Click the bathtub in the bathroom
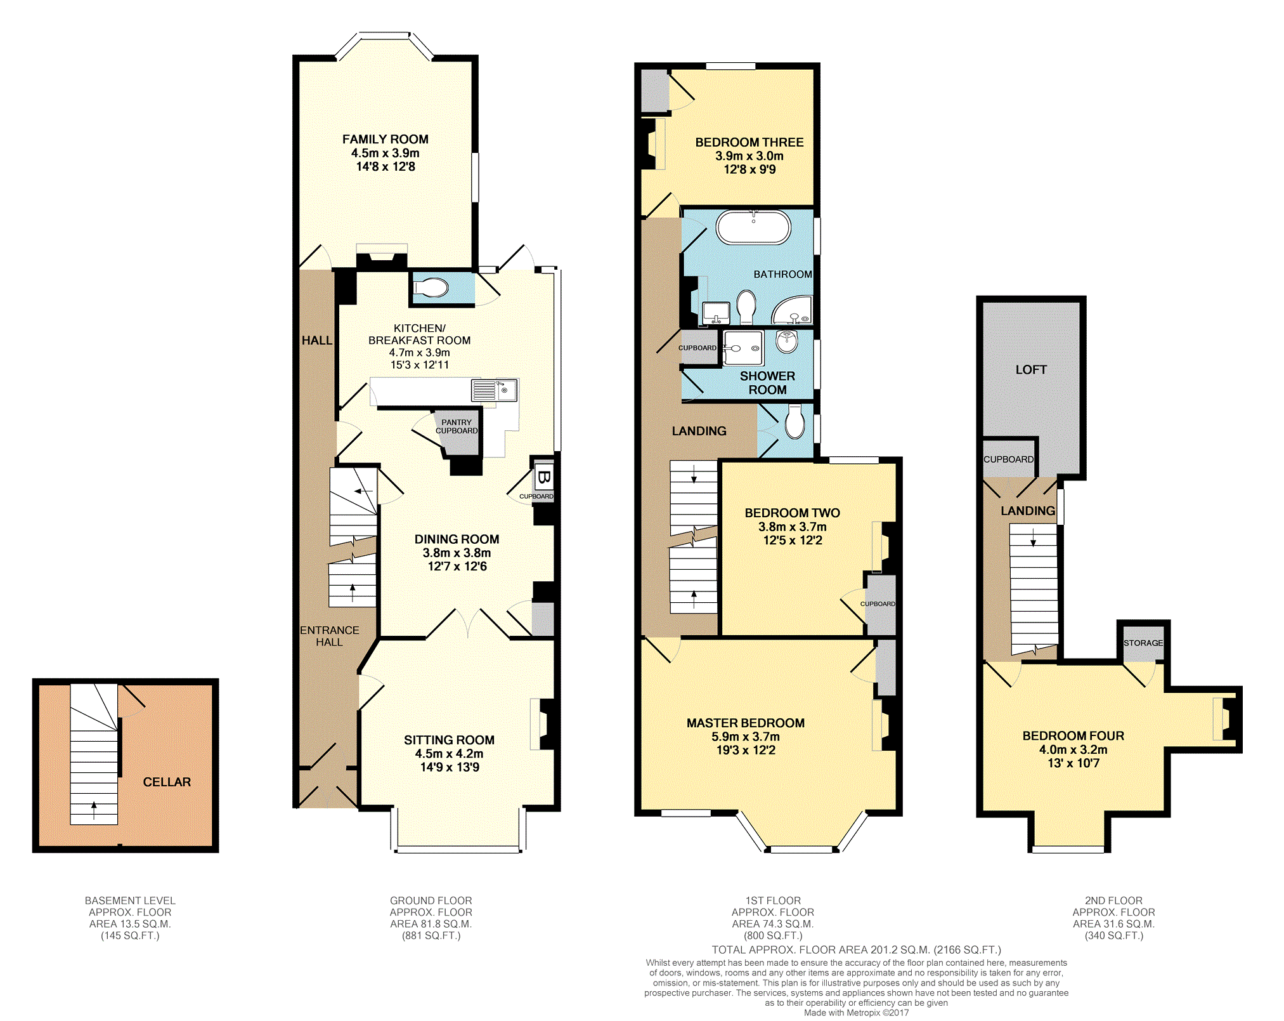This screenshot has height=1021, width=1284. pos(753,227)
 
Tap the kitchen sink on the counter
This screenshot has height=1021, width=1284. pos(494,390)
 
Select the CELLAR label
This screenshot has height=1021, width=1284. pos(167,782)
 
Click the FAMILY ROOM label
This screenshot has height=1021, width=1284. pos(386,139)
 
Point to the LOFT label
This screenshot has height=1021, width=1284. pos(1031,369)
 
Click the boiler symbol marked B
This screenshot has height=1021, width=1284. pos(543,476)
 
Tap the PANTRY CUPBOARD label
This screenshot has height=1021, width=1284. pos(457,426)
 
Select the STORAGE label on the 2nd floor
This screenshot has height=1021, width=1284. pos(1143,643)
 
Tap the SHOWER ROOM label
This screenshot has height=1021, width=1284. pos(767,383)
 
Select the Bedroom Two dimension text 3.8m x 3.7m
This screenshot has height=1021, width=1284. pos(793,527)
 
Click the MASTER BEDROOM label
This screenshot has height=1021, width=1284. pos(746,723)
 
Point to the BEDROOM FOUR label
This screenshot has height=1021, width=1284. pos(1073,735)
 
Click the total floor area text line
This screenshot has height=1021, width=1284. pos(857,950)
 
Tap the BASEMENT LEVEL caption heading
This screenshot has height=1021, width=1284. pos(130,900)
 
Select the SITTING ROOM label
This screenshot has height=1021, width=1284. pos(449,740)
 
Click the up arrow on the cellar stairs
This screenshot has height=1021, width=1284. pos(94,809)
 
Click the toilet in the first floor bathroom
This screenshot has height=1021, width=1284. pos(746,306)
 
